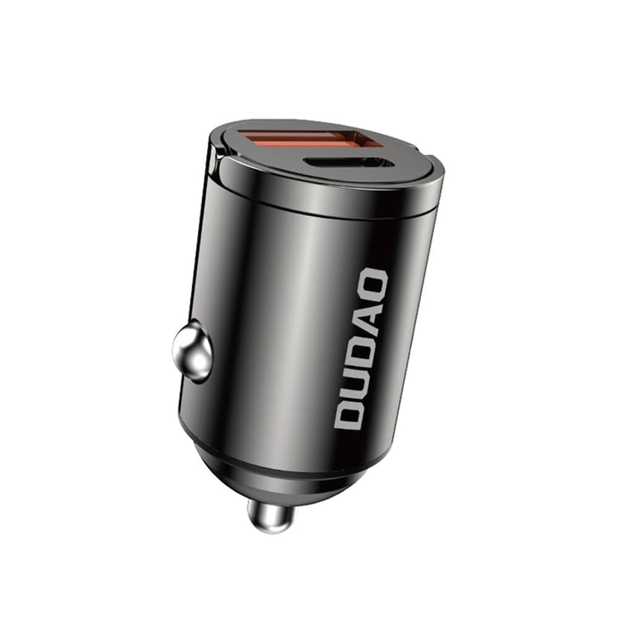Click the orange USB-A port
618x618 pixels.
pos(305,143)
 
